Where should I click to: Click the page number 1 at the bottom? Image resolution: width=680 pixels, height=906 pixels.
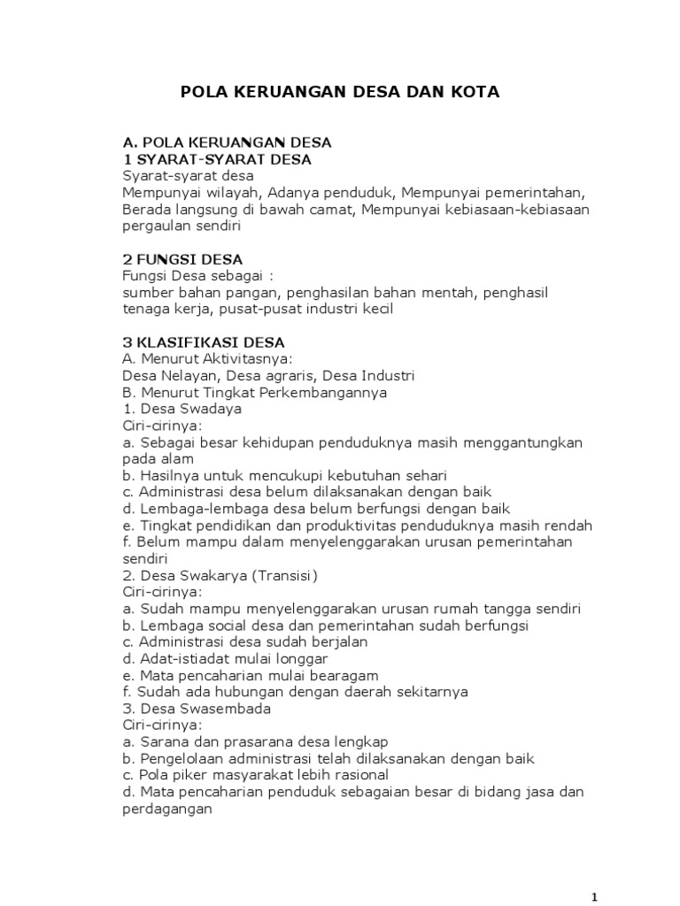click(596, 896)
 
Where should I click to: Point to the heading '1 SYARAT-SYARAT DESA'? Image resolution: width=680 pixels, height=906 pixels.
click(217, 159)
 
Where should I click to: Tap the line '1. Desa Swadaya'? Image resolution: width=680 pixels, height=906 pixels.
click(182, 409)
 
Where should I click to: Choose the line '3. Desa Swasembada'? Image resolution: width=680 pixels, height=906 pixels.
click(197, 709)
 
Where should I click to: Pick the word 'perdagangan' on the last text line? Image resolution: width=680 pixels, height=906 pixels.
click(167, 808)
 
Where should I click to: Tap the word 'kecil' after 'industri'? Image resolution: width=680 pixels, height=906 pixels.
click(375, 309)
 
